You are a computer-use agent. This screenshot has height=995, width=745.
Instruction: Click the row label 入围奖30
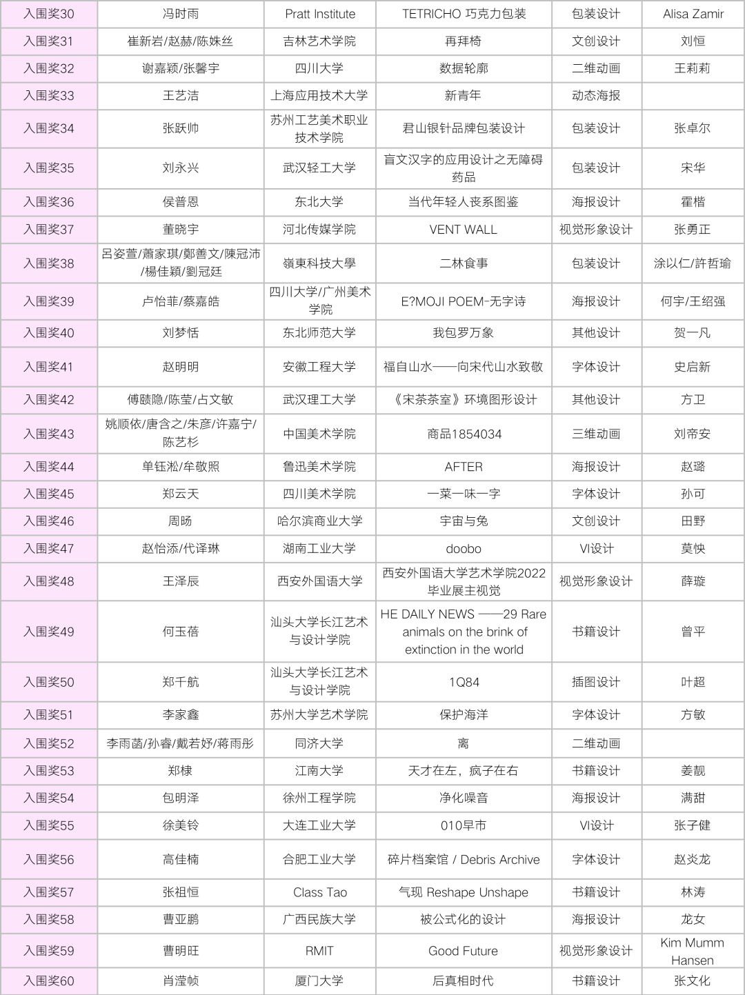pos(48,14)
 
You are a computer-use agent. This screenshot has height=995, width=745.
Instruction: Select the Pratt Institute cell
pos(320,14)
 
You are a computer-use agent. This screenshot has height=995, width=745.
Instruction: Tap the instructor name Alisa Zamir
pos(693,14)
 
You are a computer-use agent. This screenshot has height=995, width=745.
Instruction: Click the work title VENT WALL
pos(463,230)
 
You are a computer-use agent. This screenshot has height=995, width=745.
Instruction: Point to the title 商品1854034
pos(464,434)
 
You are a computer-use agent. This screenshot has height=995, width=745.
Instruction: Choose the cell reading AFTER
pos(464,467)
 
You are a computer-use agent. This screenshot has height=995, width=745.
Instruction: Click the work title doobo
pos(464,549)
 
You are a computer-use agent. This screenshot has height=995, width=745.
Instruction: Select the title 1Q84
pos(464,682)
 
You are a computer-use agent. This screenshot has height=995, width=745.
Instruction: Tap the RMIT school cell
pos(319,951)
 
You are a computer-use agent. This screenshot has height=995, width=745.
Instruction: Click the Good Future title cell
pos(463,951)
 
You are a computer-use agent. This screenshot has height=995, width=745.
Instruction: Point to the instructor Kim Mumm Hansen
pos(692,951)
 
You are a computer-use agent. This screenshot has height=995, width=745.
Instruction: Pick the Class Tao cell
pos(319,892)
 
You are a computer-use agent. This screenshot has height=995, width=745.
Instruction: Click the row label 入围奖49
pos(48,632)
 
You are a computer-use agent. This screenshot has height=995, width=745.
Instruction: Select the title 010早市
pos(464,825)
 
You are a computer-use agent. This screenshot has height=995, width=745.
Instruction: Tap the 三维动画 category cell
pos(596,434)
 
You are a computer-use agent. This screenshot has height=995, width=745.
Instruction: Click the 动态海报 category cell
pos(596,96)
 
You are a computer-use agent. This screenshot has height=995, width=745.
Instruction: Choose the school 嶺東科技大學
pos(319,263)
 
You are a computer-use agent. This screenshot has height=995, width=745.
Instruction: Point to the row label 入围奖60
pos(48,981)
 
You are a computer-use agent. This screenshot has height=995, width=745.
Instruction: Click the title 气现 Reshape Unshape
pos(464,892)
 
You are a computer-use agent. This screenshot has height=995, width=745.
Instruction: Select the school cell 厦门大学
pos(319,981)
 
